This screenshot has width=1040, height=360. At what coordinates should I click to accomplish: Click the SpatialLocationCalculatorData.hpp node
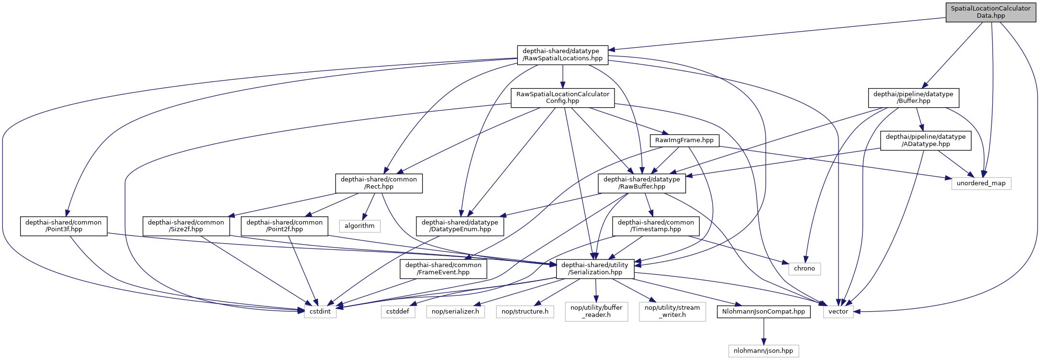[x=990, y=12]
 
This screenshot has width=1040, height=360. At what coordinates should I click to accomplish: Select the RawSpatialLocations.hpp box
[x=562, y=55]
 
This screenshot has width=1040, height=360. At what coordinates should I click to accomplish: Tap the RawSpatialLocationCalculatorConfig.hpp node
[x=562, y=98]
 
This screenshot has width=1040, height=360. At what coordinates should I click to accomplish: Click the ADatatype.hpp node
[x=926, y=140]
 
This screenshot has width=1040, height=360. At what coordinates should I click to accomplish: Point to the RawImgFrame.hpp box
[x=684, y=140]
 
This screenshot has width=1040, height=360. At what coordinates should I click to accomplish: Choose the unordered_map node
[x=981, y=183]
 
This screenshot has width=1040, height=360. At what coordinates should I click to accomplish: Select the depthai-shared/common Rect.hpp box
[x=379, y=183]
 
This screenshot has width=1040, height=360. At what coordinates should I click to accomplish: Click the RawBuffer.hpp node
[x=641, y=183]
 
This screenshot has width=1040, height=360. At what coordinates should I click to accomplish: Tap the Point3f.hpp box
[x=63, y=226]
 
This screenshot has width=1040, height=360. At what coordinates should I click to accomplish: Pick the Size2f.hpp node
[x=186, y=226]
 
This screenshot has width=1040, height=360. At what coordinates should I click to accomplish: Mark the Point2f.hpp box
[x=284, y=226]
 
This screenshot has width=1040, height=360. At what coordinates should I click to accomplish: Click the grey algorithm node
[x=359, y=226]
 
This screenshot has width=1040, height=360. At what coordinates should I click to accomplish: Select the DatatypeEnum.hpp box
[x=459, y=226]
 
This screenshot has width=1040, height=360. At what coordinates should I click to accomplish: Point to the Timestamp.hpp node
[x=656, y=226]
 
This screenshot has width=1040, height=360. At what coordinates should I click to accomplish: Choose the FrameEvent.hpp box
[x=443, y=269]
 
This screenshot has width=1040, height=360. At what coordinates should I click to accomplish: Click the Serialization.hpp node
[x=594, y=269]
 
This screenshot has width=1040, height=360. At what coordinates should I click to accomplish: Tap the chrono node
[x=804, y=269]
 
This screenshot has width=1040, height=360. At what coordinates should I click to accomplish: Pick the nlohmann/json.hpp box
[x=763, y=351]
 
